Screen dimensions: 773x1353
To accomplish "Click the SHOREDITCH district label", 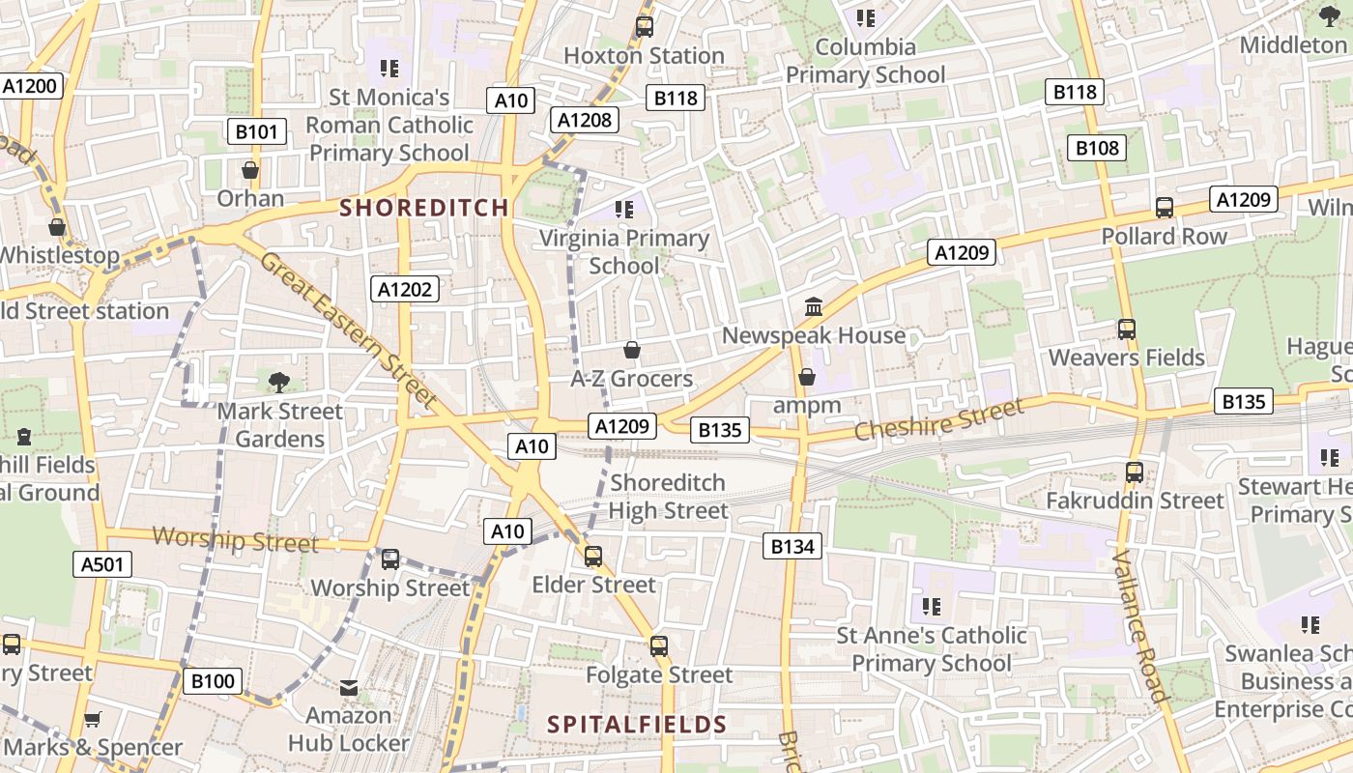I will [x=424, y=208].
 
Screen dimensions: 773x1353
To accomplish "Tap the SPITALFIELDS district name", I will [x=637, y=724].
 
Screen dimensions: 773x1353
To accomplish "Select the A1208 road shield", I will [x=585, y=120].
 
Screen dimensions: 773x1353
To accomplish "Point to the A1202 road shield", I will [x=406, y=289].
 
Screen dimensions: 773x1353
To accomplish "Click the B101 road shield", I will [x=256, y=131].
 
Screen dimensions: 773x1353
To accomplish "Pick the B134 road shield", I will [x=792, y=547].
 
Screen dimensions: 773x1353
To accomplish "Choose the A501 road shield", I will [x=102, y=564].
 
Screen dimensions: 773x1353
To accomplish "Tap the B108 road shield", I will [x=1097, y=148].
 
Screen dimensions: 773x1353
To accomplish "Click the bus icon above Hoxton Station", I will [x=644, y=27].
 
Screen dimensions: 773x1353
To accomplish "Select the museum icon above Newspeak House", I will [x=814, y=307].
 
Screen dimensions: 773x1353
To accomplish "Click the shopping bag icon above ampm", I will [x=807, y=377].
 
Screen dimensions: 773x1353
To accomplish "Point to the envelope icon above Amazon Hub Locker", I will [x=349, y=688].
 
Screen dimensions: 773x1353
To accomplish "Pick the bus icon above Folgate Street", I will [x=659, y=645].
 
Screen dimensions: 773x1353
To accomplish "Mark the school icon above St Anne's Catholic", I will [x=932, y=607].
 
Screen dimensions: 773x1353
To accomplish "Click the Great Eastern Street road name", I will [x=349, y=329].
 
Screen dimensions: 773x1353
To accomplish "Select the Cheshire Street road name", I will [x=938, y=420].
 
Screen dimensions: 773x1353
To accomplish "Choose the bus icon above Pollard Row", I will [x=1165, y=208].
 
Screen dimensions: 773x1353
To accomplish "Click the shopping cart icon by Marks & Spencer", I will [x=93, y=719].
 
